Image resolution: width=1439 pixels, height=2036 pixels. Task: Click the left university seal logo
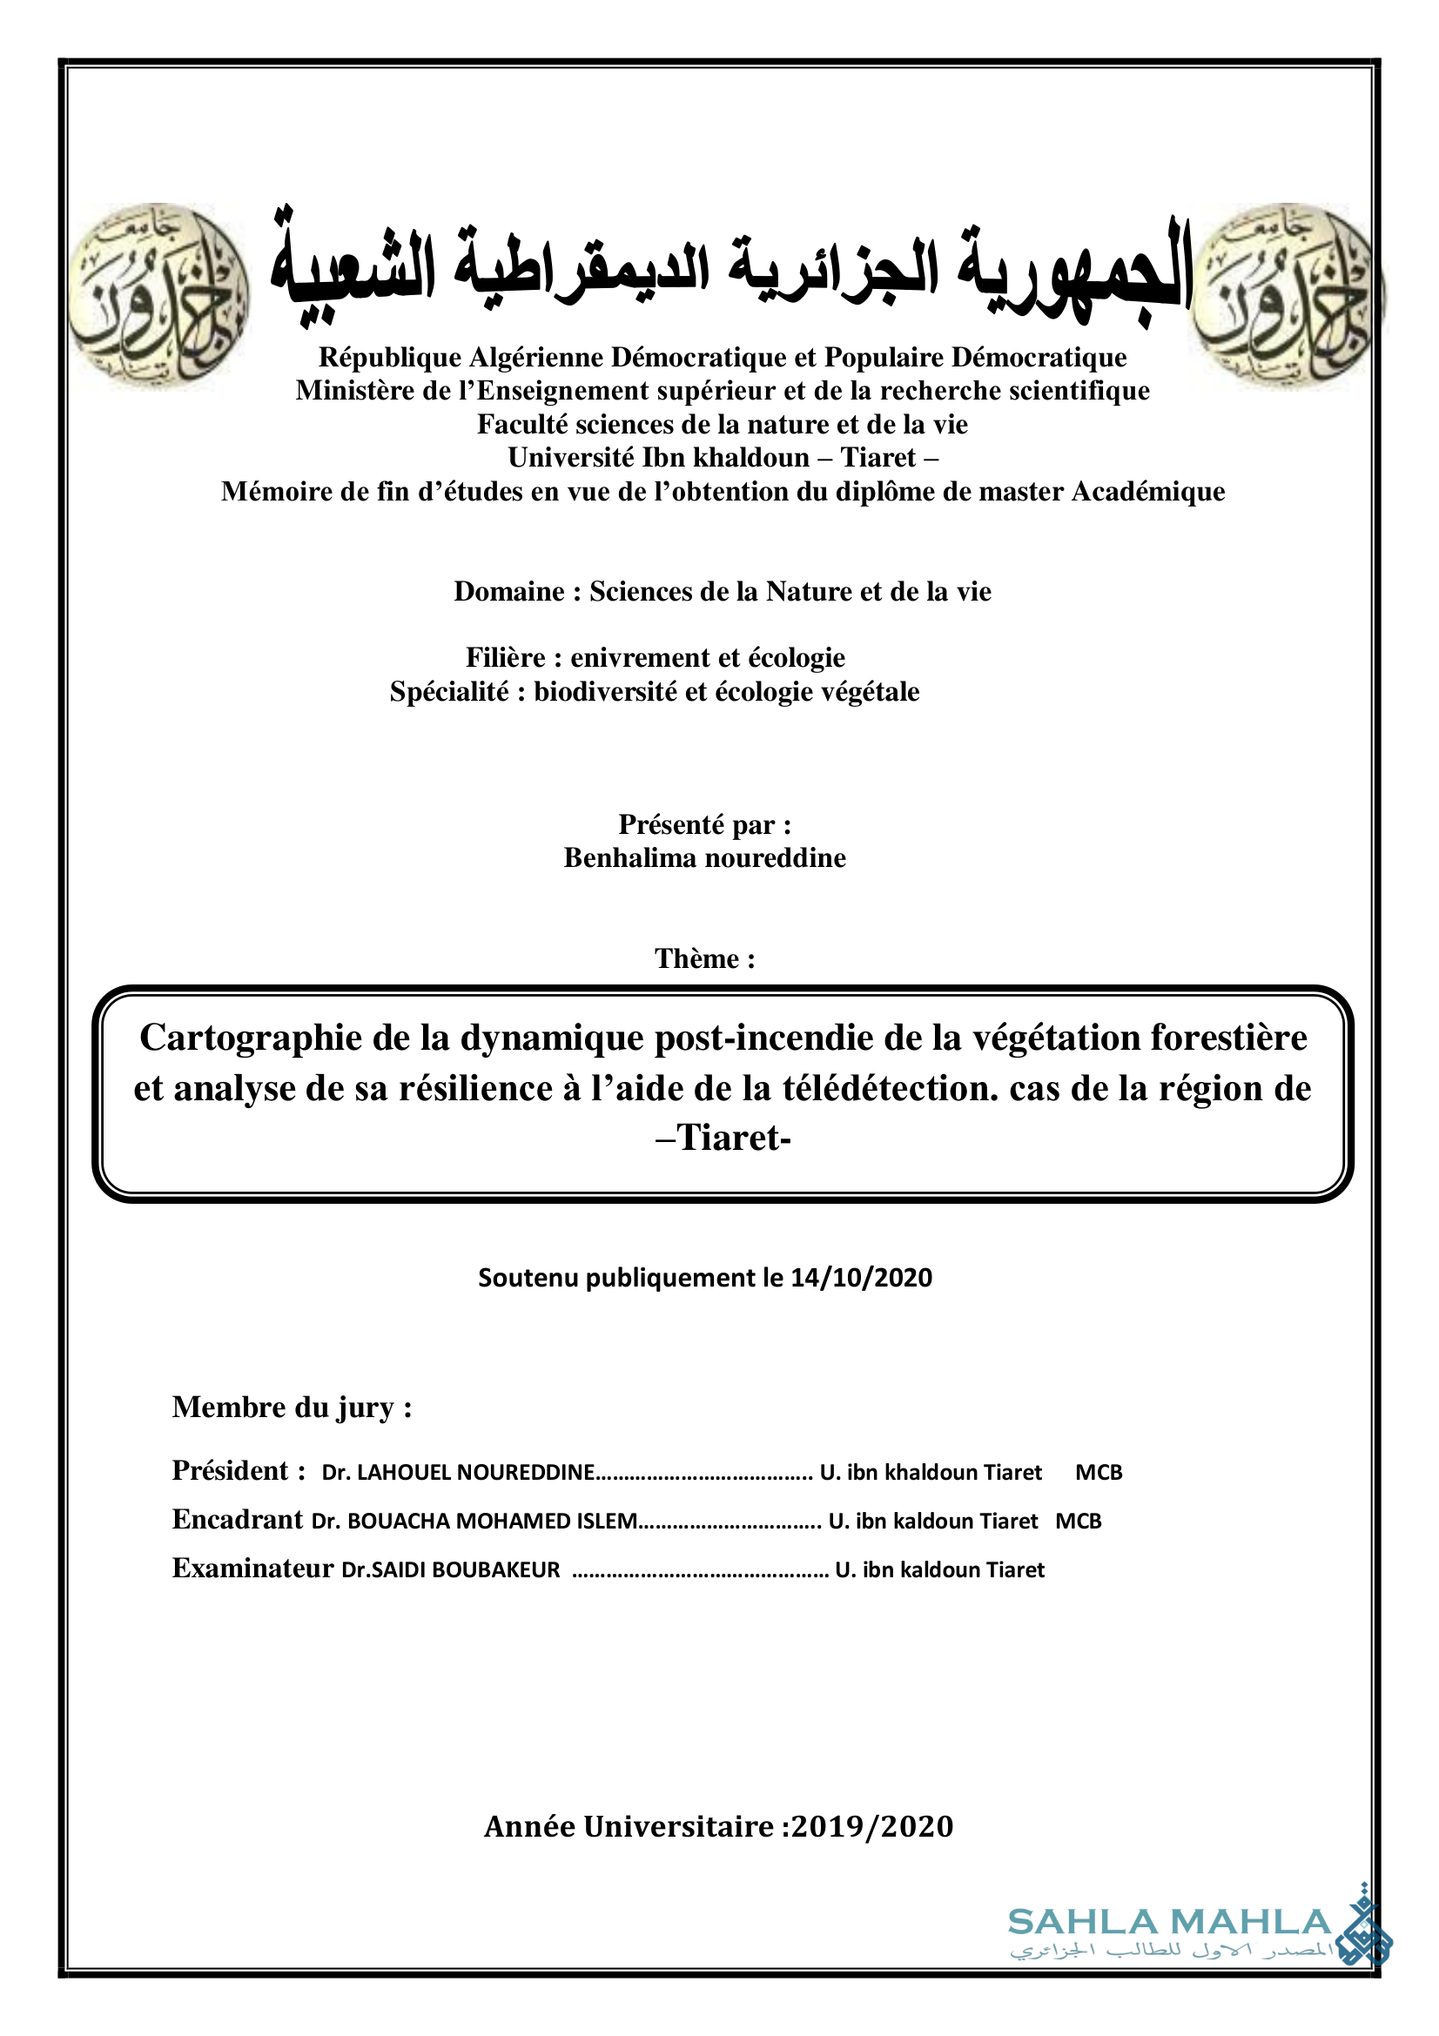(159, 295)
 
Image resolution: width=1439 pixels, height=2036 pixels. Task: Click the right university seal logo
(1284, 295)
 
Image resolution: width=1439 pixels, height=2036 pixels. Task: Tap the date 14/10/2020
(861, 1278)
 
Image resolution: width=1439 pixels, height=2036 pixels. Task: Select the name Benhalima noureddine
(705, 858)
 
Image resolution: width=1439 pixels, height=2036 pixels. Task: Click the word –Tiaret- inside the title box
(723, 1138)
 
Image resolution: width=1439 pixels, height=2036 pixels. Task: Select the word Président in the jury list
(231, 1471)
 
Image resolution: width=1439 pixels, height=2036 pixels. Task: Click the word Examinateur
(252, 1569)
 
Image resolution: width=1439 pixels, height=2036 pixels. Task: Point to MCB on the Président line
(1099, 1473)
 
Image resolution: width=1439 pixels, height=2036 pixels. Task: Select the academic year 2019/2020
(871, 1828)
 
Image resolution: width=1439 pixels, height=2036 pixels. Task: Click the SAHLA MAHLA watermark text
(1168, 1923)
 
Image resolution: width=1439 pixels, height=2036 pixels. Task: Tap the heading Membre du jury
(292, 1408)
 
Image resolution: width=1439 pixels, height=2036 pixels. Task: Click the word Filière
(506, 658)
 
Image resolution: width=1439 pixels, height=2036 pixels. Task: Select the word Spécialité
(449, 692)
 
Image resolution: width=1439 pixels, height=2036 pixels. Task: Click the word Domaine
(509, 591)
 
